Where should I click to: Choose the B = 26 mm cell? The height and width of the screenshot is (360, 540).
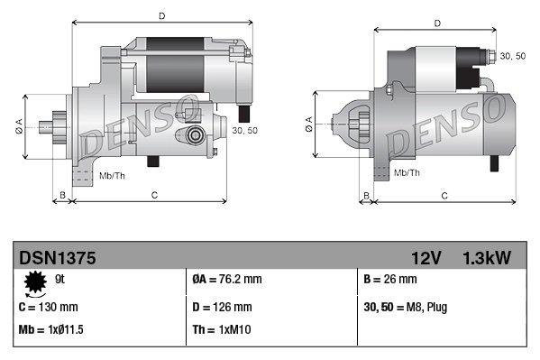[x=390, y=280]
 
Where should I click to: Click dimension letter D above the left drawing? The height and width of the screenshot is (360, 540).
[x=161, y=16]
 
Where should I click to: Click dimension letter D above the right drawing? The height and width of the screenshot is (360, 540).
[x=436, y=23]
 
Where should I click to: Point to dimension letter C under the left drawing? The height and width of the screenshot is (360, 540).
[x=154, y=195]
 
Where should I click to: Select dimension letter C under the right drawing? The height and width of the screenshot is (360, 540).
[x=444, y=195]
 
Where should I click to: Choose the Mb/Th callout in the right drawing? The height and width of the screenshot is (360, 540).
[x=407, y=171]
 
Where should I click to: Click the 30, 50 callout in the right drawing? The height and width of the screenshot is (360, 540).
[x=512, y=57]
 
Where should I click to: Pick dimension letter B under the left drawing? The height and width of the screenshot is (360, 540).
[x=62, y=195]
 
